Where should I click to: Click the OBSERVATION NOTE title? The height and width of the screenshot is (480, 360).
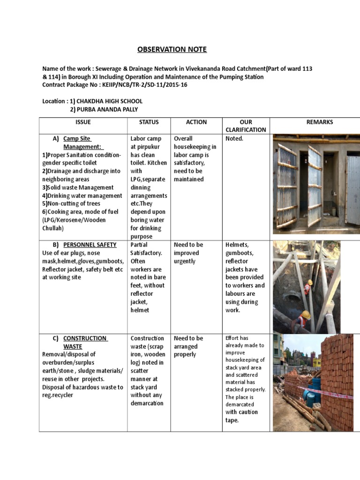pyautogui.click(x=172, y=50)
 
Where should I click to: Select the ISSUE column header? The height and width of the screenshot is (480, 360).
pyautogui.click(x=83, y=122)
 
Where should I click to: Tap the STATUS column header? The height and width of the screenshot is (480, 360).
pyautogui.click(x=149, y=122)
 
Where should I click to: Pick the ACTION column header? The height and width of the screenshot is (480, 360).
pyautogui.click(x=196, y=122)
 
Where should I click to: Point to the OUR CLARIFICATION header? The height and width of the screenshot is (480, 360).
pyautogui.click(x=246, y=126)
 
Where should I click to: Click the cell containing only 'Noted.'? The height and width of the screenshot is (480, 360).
pyautogui.click(x=234, y=139)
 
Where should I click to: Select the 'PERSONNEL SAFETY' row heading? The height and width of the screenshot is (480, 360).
pyautogui.click(x=90, y=245)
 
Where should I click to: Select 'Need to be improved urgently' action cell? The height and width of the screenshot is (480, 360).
pyautogui.click(x=189, y=253)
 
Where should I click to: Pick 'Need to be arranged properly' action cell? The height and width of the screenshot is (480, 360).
pyautogui.click(x=189, y=346)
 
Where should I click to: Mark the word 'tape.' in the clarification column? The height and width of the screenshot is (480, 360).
pyautogui.click(x=232, y=420)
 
